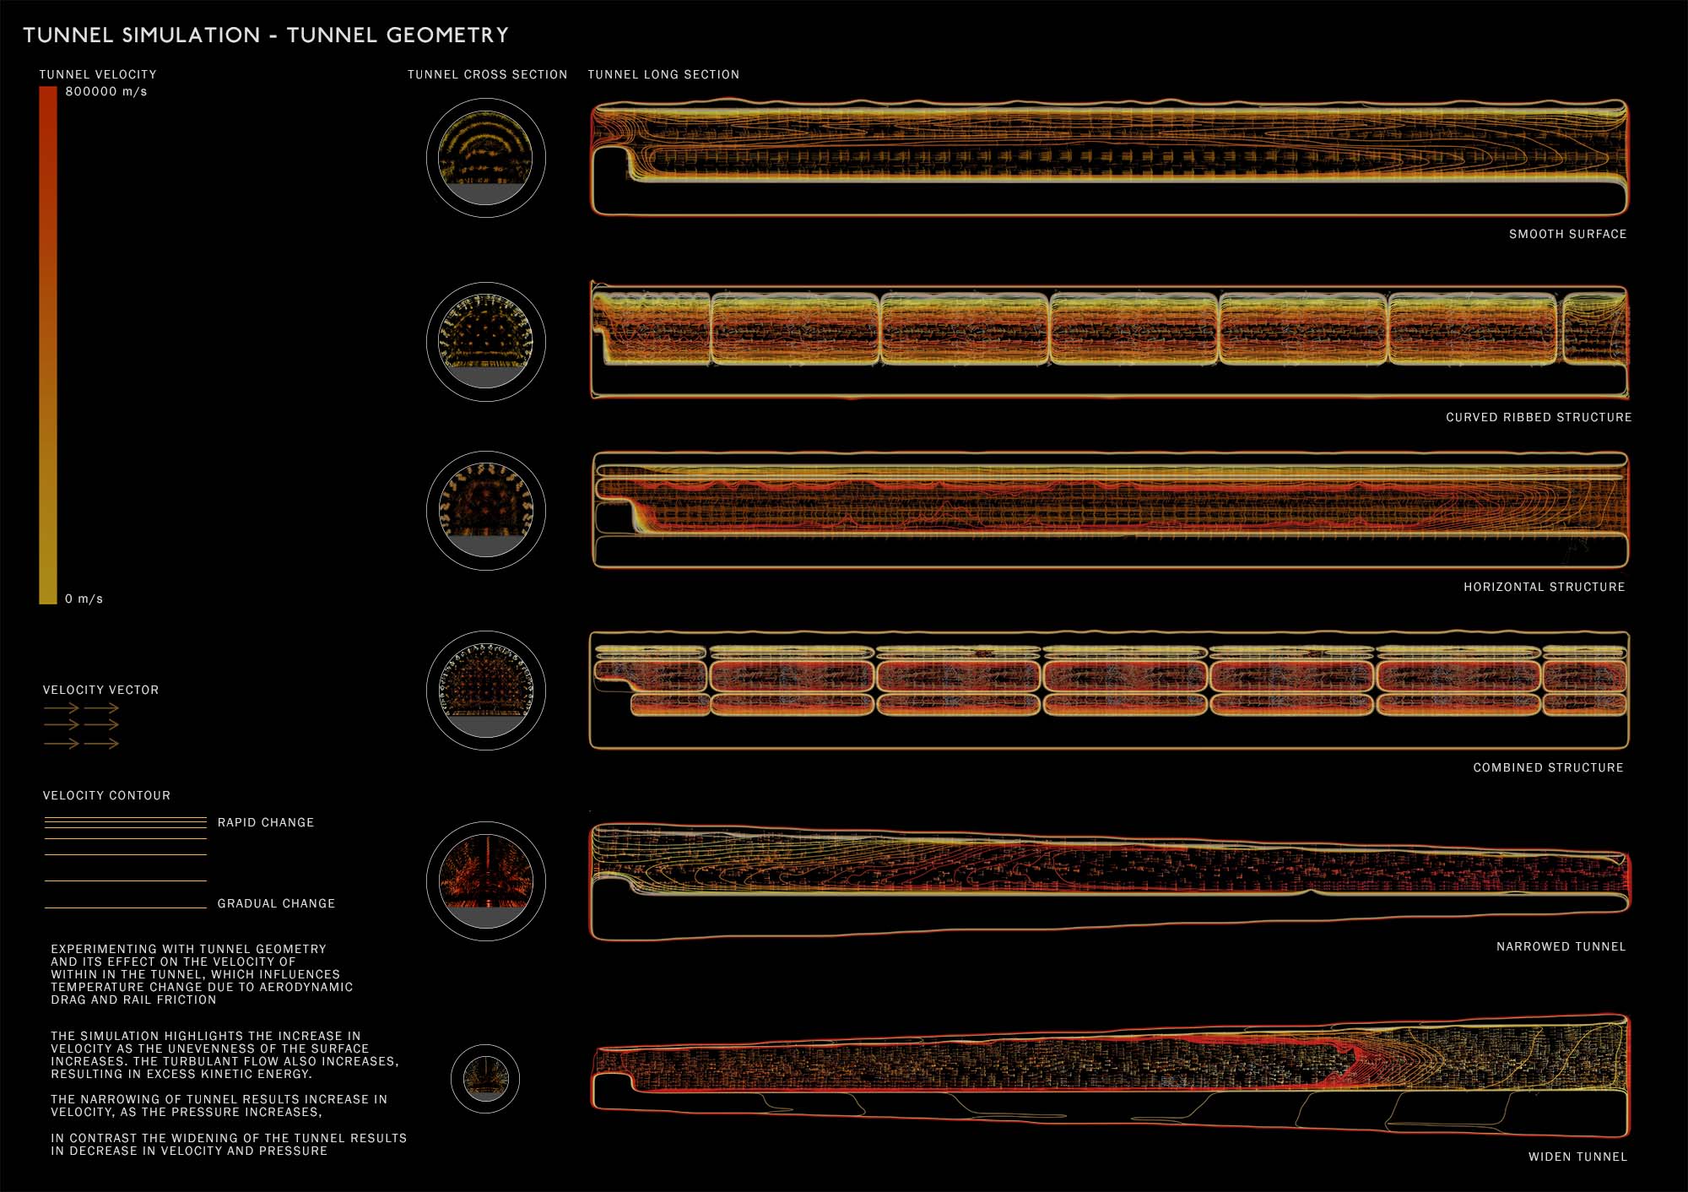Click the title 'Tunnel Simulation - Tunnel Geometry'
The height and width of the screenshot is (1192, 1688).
[x=266, y=35]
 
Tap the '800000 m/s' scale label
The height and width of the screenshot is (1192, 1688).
[x=106, y=92]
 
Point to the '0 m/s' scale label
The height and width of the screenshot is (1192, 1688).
[x=84, y=599]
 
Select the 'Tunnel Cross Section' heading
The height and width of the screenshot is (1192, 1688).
[x=487, y=75]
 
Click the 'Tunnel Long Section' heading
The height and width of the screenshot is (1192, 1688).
[x=663, y=75]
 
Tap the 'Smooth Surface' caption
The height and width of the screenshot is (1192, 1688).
[x=1567, y=235]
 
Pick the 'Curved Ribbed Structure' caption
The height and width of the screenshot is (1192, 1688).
[x=1539, y=418]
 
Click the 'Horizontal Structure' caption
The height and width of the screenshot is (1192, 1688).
[x=1544, y=588]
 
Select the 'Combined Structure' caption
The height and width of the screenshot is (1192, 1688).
[x=1548, y=768]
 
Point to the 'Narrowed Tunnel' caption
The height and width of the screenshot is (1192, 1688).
[x=1561, y=947]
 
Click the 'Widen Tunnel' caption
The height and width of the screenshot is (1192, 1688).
[x=1577, y=1157]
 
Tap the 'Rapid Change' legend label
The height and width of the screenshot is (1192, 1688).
[x=266, y=823]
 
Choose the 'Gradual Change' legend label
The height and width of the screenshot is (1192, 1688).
[x=276, y=904]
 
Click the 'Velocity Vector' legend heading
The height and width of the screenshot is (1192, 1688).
[x=100, y=691]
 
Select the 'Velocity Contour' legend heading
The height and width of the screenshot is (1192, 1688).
[x=106, y=796]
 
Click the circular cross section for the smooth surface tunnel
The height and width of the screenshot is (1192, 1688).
[x=486, y=158]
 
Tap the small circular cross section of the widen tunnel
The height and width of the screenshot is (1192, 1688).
[x=485, y=1078]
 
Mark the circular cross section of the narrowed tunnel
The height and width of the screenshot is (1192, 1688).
[x=486, y=880]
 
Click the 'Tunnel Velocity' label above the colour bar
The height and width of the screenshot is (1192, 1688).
[x=98, y=75]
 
